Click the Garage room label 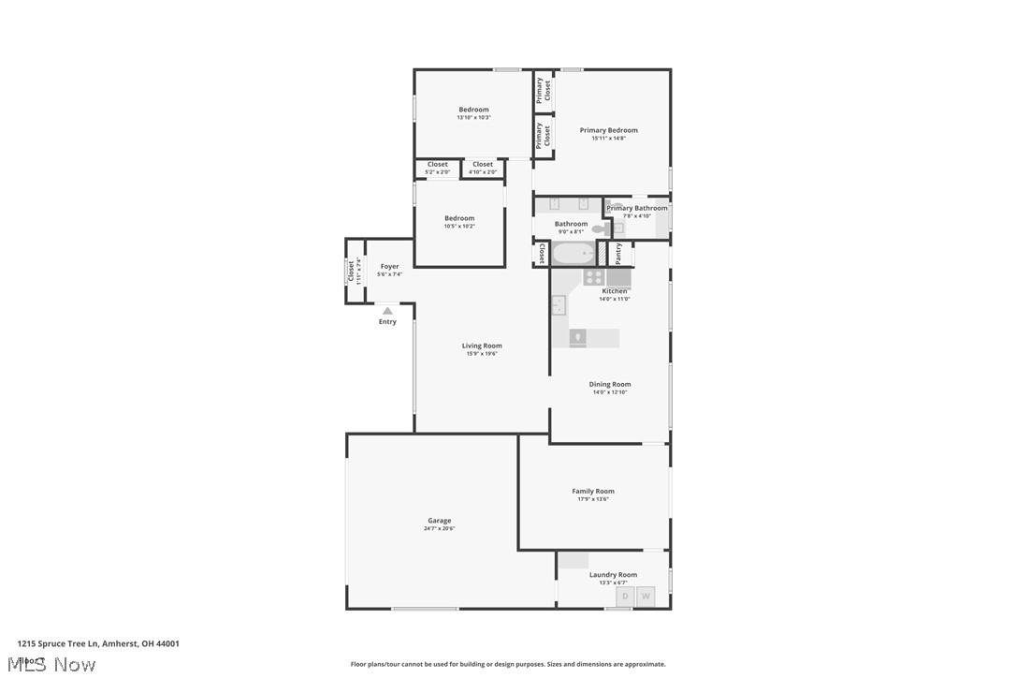coord(439,521)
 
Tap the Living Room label coord(482,346)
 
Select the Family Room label coord(593,491)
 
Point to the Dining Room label coord(610,384)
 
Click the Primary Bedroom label coord(608,130)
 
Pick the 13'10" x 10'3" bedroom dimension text coord(473,118)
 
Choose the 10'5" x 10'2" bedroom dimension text coord(459,227)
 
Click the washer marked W coord(645,596)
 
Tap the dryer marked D coord(624,596)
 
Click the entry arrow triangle coord(387,311)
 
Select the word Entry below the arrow coord(387,322)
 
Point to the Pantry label coord(618,254)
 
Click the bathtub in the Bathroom coord(573,253)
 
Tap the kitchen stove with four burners coord(594,277)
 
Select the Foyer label coord(389,267)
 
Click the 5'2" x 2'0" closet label coord(437,165)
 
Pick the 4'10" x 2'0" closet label coord(482,165)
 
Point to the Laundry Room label coord(613,575)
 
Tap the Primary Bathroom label coord(637,208)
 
